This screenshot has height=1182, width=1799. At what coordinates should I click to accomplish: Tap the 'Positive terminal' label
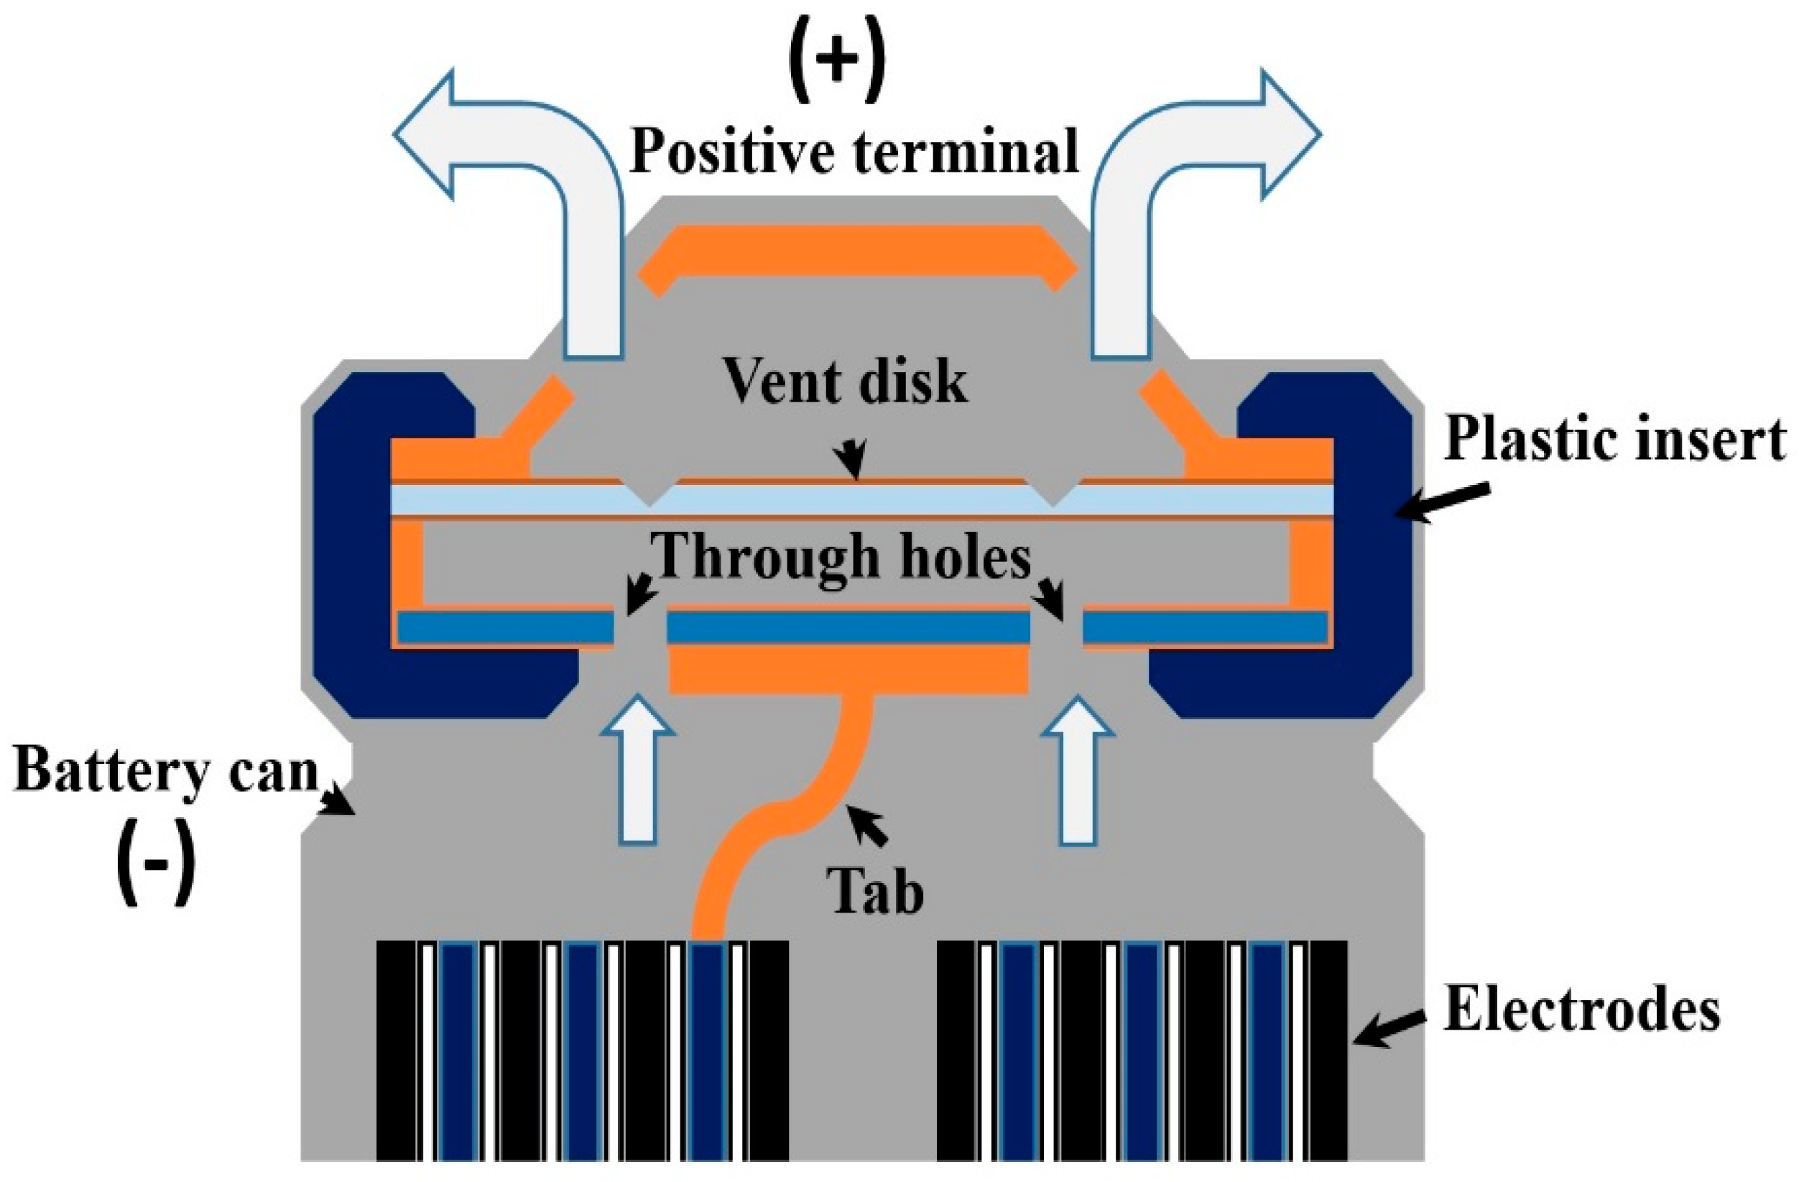854,151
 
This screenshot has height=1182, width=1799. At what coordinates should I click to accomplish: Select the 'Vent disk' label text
845,382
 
